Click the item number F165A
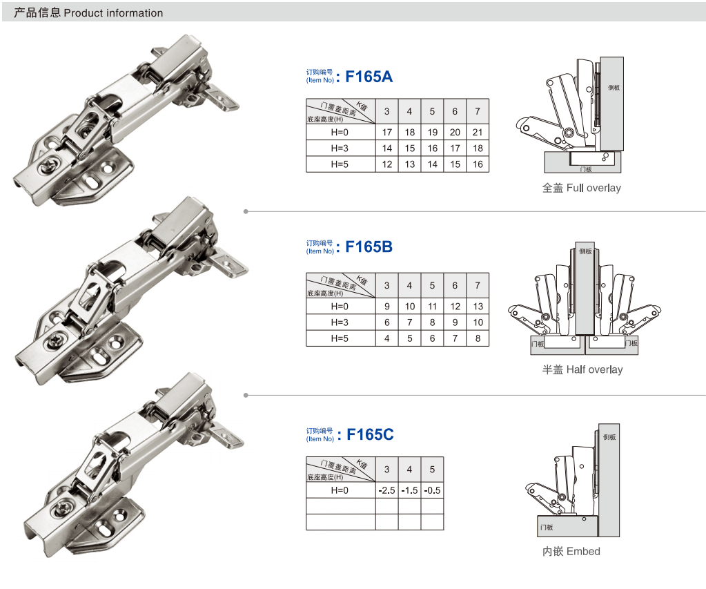pyautogui.click(x=369, y=76)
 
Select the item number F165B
pyautogui.click(x=369, y=247)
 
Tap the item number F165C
pyautogui.click(x=369, y=434)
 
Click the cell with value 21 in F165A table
pyautogui.click(x=478, y=133)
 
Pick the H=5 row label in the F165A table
pyautogui.click(x=340, y=164)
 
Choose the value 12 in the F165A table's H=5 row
pyautogui.click(x=386, y=164)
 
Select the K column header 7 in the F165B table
pyautogui.click(x=478, y=285)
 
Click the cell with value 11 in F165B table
pyautogui.click(x=432, y=307)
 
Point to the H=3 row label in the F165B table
pyautogui.click(x=340, y=322)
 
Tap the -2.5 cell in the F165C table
pyautogui.click(x=386, y=490)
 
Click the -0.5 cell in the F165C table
pyautogui.click(x=433, y=490)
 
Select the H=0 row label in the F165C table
pyautogui.click(x=340, y=490)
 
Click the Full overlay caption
pyautogui.click(x=581, y=188)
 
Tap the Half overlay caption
pyautogui.click(x=582, y=369)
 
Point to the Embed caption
pyautogui.click(x=571, y=551)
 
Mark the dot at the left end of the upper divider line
pyautogui.click(x=245, y=211)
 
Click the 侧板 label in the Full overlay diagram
pyautogui.click(x=614, y=88)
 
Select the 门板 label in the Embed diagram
pyautogui.click(x=547, y=527)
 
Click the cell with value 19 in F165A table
pyautogui.click(x=432, y=133)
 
